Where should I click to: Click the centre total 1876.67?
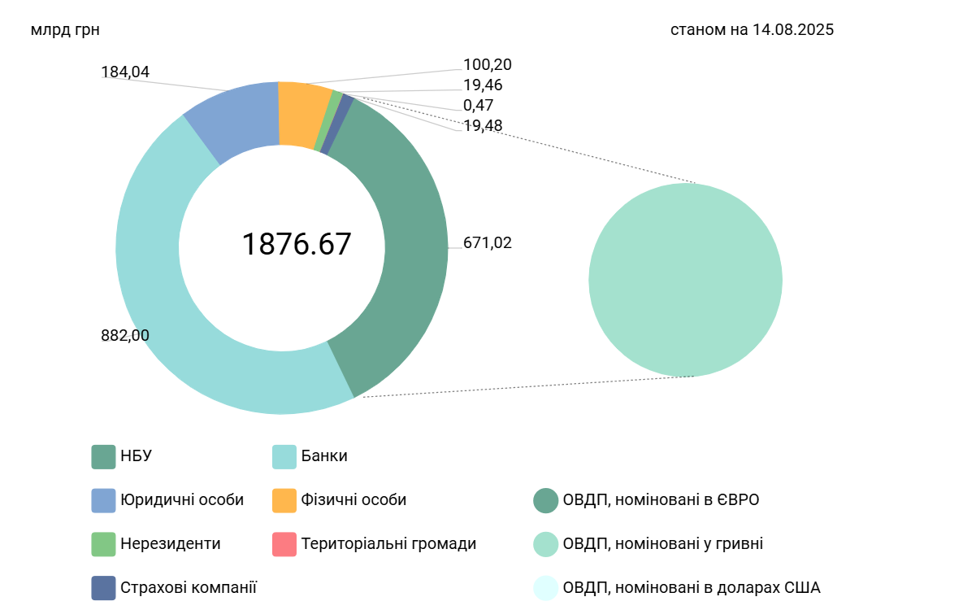click(x=297, y=244)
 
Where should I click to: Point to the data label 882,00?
click(x=125, y=335)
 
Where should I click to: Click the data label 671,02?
click(x=488, y=242)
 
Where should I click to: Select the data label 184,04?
click(x=125, y=72)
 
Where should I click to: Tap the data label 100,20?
click(x=488, y=65)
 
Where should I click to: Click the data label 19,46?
click(x=483, y=85)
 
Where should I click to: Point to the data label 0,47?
click(x=479, y=105)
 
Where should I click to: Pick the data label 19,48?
click(x=483, y=125)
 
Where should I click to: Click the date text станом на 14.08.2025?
click(x=752, y=30)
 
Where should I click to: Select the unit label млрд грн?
click(x=65, y=30)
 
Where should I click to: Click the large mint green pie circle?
click(x=685, y=280)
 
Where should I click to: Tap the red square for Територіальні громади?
click(x=284, y=544)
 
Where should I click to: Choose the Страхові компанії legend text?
click(x=189, y=587)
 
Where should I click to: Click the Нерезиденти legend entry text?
click(x=171, y=543)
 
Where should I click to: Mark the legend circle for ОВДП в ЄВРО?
click(x=545, y=500)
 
